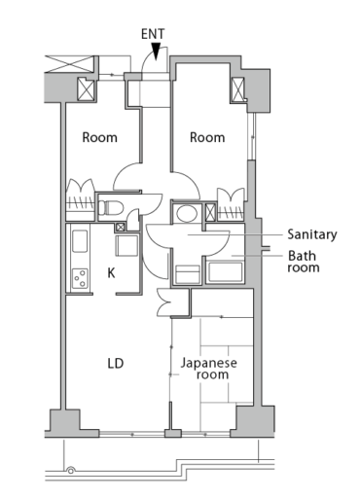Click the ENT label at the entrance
click(153, 34)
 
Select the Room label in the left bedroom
click(99, 137)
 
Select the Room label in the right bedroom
click(206, 137)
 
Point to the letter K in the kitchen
click(112, 273)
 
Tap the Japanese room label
click(209, 368)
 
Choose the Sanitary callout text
click(311, 234)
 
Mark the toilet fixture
click(111, 207)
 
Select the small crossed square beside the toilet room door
click(121, 228)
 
